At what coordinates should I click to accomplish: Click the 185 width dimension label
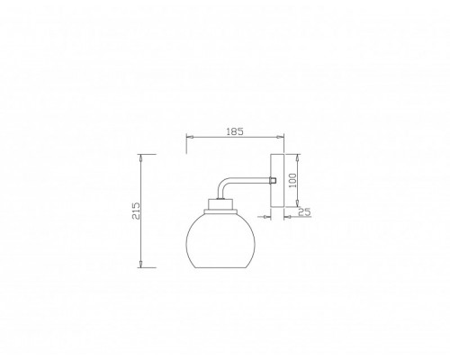(235, 131)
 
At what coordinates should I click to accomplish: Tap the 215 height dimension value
(137, 211)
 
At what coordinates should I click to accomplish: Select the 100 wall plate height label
(292, 180)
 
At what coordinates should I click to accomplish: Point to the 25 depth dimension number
(304, 212)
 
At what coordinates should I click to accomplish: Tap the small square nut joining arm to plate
(273, 180)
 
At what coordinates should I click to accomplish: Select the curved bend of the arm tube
(222, 184)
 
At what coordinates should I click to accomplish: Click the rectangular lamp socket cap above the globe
(220, 204)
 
